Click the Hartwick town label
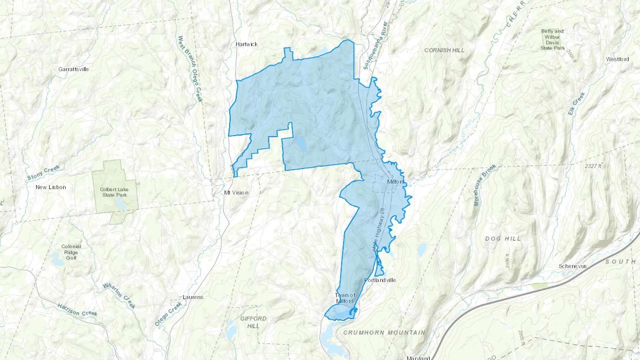tap(246, 44)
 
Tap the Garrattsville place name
tap(74, 69)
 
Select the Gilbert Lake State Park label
tap(114, 192)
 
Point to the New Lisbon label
tap(51, 187)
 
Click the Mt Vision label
tap(236, 193)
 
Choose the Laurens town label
tap(193, 297)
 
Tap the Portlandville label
tap(380, 280)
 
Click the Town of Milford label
tap(345, 298)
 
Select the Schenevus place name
tap(572, 266)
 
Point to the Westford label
tap(617, 59)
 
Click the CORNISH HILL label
tap(444, 50)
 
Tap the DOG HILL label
tap(503, 238)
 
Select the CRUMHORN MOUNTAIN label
tap(384, 333)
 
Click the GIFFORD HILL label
tap(253, 322)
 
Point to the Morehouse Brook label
tap(484, 185)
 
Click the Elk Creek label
tap(576, 103)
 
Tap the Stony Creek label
tap(43, 173)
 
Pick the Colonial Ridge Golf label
tap(71, 252)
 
